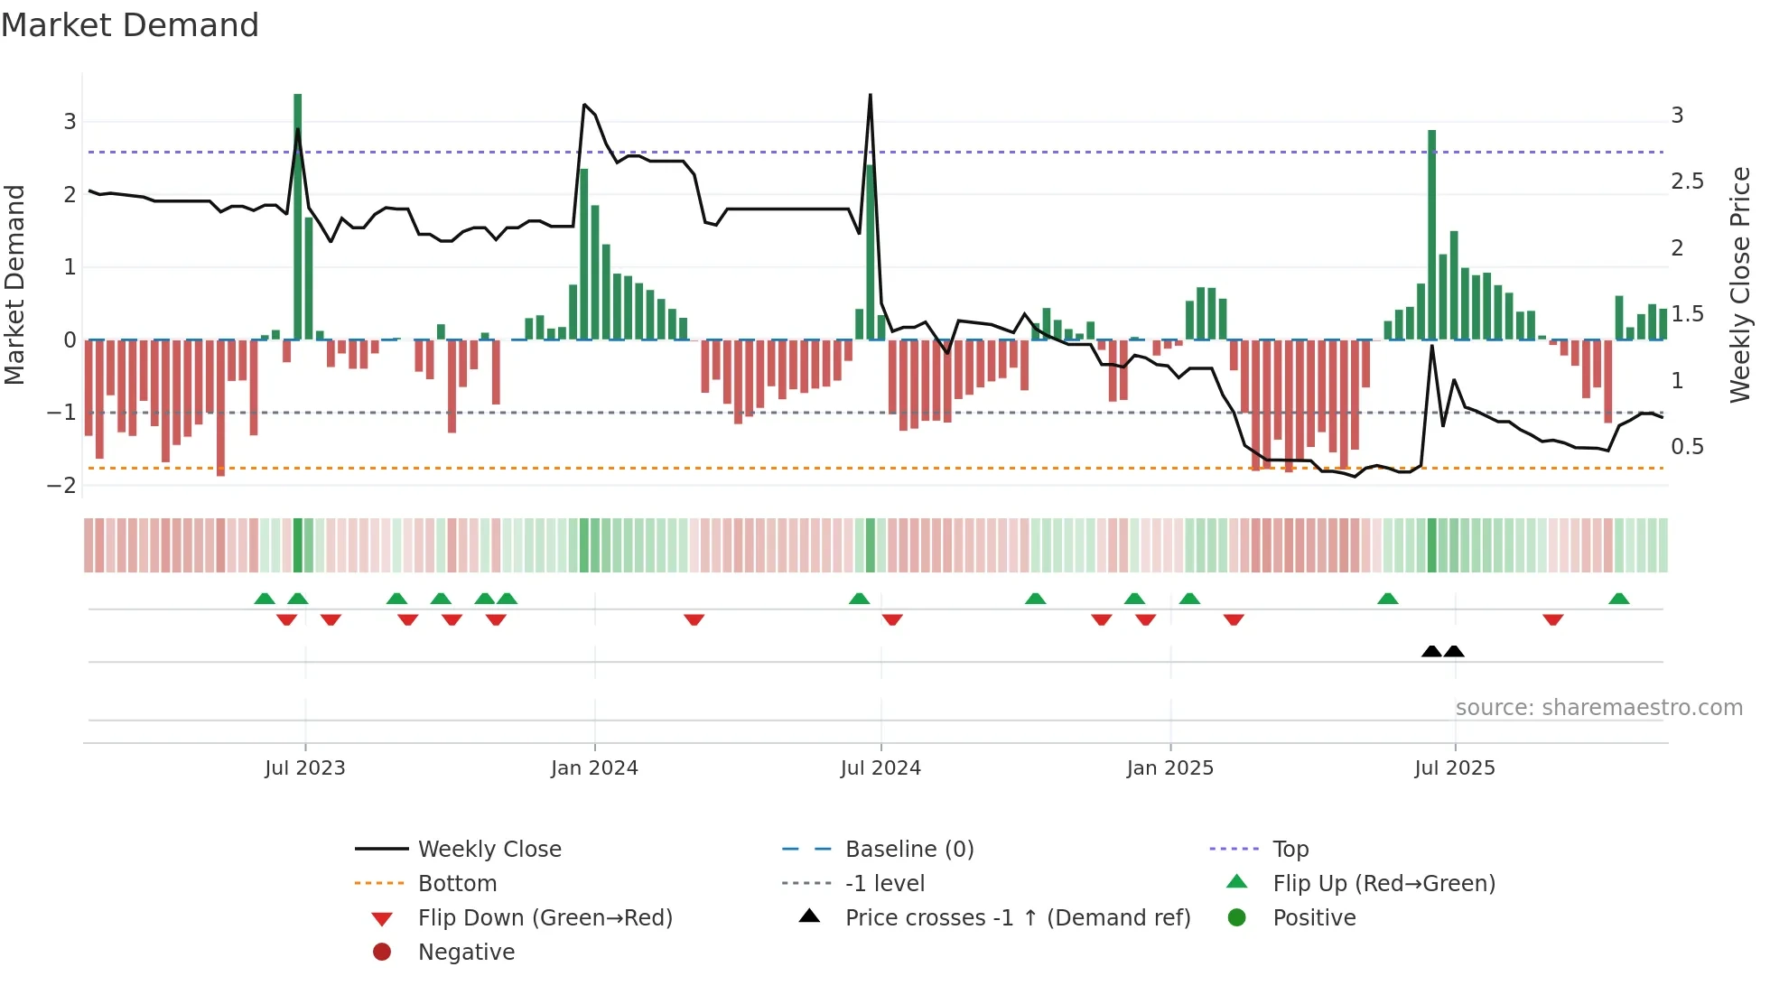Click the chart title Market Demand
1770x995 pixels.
(x=130, y=25)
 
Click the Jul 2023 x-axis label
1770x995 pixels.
(x=305, y=768)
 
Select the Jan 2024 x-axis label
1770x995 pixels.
(x=594, y=768)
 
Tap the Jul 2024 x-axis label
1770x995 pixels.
(x=880, y=768)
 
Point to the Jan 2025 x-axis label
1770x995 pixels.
(x=1170, y=768)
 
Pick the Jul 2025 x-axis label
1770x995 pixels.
(x=1455, y=768)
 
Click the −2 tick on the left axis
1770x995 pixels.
(x=61, y=486)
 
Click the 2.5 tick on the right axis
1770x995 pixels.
(x=1687, y=181)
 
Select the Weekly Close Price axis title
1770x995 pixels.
(x=1740, y=284)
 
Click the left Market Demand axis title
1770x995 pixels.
(x=14, y=284)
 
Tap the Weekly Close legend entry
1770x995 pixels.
(x=489, y=850)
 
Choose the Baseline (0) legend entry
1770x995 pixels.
(x=908, y=850)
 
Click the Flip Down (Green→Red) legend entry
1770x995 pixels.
(x=545, y=918)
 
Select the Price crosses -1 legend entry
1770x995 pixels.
(x=1017, y=918)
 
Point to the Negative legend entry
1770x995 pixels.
(x=466, y=953)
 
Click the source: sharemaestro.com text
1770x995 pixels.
(x=1598, y=708)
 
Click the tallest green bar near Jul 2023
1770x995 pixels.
(x=298, y=217)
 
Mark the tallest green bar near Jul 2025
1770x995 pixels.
(x=1432, y=235)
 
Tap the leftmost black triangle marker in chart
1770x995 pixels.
(x=1431, y=651)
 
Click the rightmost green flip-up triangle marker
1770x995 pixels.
(x=1619, y=599)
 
